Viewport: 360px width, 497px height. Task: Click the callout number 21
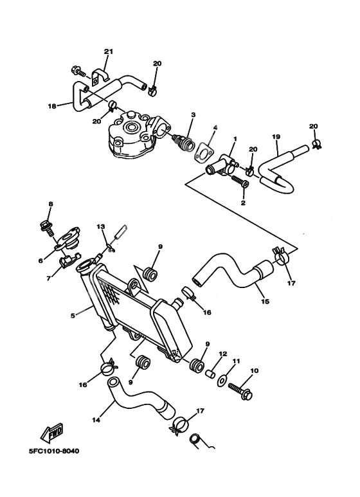pyautogui.click(x=108, y=51)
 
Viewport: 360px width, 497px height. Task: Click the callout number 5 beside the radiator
pyautogui.click(x=73, y=316)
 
